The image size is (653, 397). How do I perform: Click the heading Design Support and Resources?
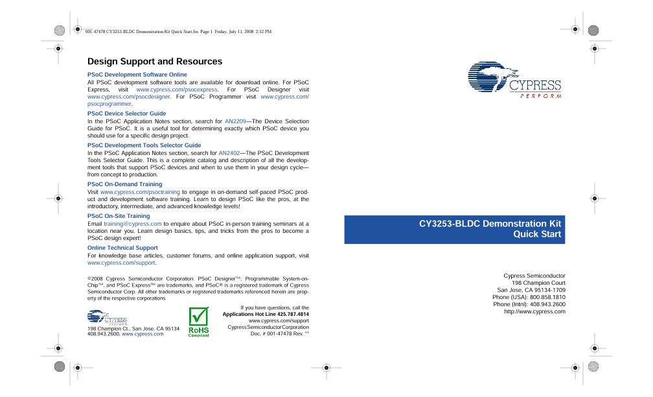pos(155,62)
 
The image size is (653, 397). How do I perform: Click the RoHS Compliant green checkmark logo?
pos(198,322)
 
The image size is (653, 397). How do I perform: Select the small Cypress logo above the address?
pos(107,318)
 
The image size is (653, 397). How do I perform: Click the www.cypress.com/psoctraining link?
pos(139,192)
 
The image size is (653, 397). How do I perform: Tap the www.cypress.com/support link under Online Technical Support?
pos(121,263)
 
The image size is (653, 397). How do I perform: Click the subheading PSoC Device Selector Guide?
pos(126,114)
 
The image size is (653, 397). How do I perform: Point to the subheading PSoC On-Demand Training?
pos(124,184)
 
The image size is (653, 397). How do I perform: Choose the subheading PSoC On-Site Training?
pos(119,215)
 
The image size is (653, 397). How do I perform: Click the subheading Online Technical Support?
pos(122,247)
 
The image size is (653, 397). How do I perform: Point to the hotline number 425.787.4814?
pos(293,314)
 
